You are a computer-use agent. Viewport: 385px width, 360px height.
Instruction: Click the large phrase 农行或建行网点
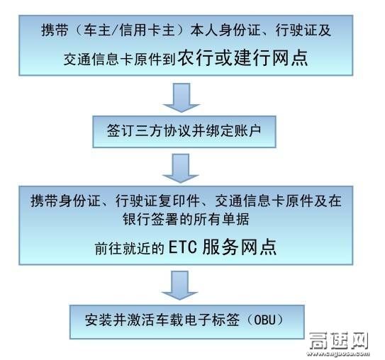point(242,58)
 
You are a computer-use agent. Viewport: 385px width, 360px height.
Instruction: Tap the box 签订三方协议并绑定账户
point(184,132)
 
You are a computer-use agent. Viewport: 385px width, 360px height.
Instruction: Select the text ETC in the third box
point(183,247)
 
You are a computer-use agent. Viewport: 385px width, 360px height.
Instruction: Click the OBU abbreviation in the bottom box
point(265,320)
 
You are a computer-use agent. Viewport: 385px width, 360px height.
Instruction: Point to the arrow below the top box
point(182,97)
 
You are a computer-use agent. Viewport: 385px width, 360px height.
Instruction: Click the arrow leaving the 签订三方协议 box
point(181,168)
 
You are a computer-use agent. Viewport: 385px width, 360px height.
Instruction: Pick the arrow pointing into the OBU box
point(180,286)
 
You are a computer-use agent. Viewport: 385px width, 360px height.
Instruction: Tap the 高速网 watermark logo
point(339,341)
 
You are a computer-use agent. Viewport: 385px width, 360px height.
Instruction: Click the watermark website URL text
point(339,354)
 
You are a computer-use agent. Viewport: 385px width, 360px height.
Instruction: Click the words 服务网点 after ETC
point(240,247)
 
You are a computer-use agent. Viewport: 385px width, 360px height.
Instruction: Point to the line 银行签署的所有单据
point(186,219)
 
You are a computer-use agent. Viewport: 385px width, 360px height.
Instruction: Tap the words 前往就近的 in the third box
point(130,248)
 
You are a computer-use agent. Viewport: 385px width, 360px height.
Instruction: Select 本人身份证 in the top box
point(225,30)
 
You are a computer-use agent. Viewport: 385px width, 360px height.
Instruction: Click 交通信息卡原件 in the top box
point(113,59)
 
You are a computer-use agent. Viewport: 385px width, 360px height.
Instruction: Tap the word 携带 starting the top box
point(55,30)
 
